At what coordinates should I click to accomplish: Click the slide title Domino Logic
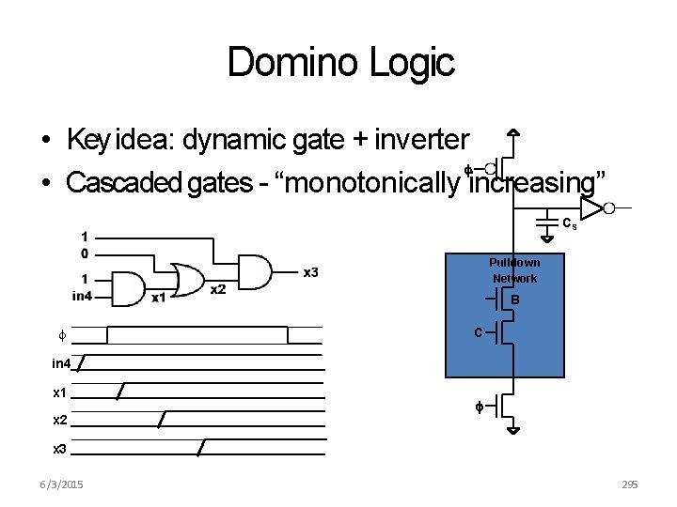pyautogui.click(x=340, y=63)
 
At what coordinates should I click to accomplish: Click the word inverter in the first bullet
pyautogui.click(x=421, y=141)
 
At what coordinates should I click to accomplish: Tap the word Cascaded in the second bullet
pyautogui.click(x=124, y=182)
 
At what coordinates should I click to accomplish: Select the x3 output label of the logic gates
pyautogui.click(x=310, y=272)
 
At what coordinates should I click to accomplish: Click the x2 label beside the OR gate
pyautogui.click(x=217, y=289)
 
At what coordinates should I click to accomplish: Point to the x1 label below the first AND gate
pyautogui.click(x=159, y=298)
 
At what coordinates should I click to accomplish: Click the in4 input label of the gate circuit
pyautogui.click(x=83, y=296)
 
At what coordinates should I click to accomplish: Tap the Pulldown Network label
pyautogui.click(x=514, y=270)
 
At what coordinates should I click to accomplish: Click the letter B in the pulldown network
pyautogui.click(x=515, y=300)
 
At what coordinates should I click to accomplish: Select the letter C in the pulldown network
pyautogui.click(x=479, y=332)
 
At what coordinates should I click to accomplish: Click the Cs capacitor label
pyautogui.click(x=570, y=224)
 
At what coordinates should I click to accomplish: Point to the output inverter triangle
pyautogui.click(x=591, y=207)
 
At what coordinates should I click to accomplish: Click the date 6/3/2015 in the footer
pyautogui.click(x=62, y=484)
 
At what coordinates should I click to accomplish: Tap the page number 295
pyautogui.click(x=629, y=484)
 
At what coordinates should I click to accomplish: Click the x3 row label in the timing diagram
pyautogui.click(x=60, y=449)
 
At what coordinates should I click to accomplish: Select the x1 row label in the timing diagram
pyautogui.click(x=60, y=392)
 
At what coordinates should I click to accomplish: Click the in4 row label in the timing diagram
pyautogui.click(x=61, y=362)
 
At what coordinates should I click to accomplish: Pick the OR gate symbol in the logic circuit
pyautogui.click(x=188, y=278)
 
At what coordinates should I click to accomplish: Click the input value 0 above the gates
pyautogui.click(x=85, y=253)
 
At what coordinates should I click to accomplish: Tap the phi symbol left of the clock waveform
pyautogui.click(x=62, y=334)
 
